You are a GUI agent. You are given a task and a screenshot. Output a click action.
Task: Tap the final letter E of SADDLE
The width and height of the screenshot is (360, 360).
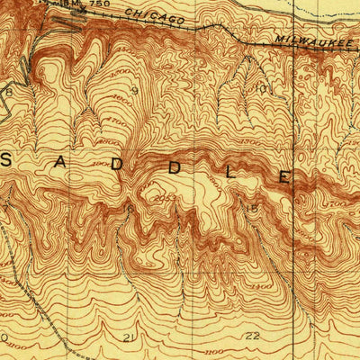click(283, 177)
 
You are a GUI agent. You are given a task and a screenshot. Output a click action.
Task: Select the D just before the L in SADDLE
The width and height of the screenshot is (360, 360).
click(175, 167)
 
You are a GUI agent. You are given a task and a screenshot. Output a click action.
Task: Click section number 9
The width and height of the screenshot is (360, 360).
click(134, 90)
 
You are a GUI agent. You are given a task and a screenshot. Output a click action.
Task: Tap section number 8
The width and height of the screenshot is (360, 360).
click(9, 92)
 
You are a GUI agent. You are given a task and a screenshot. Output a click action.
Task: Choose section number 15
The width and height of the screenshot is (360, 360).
click(253, 211)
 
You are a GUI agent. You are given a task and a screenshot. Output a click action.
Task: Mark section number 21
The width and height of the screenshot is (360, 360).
click(129, 337)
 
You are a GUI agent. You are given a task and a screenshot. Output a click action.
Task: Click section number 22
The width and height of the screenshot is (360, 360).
click(252, 336)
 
